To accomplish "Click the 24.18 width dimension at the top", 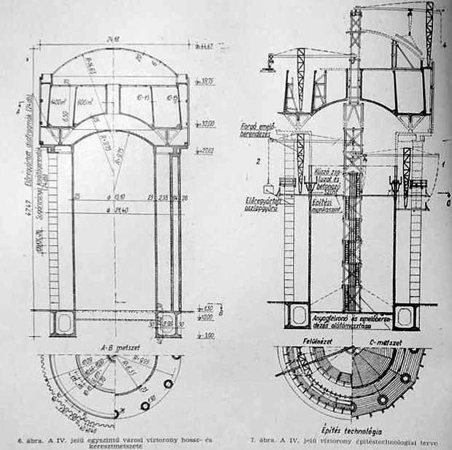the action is pos(112,39).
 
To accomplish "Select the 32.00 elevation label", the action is pos(209,124).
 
